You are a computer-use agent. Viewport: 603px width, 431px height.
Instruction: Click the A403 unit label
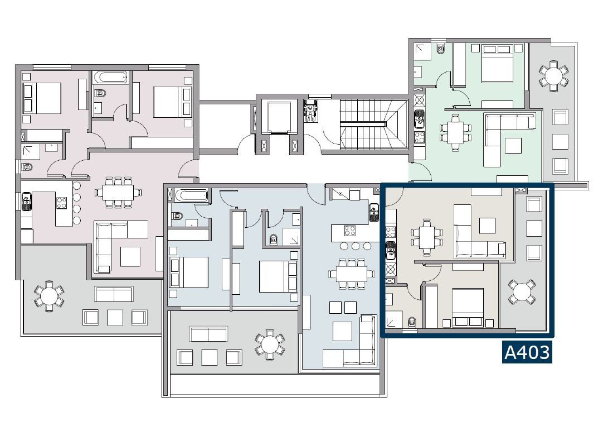[527, 352]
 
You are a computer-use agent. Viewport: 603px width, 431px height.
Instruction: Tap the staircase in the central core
[374, 124]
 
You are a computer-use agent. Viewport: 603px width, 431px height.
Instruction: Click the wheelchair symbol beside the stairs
[311, 111]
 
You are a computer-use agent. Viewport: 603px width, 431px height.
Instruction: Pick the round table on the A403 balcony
[522, 292]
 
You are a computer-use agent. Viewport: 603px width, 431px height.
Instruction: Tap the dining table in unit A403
[426, 237]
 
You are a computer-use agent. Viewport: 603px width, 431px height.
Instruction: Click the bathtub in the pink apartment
[110, 77]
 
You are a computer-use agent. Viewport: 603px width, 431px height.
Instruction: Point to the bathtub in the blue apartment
[192, 195]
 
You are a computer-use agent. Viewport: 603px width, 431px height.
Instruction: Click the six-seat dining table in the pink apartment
[118, 192]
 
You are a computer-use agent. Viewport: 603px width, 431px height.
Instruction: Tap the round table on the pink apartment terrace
[49, 296]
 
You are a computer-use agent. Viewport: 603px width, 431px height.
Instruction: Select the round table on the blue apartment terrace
[270, 344]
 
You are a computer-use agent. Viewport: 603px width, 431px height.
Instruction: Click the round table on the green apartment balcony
[553, 75]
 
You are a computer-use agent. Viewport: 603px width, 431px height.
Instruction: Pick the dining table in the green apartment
[456, 132]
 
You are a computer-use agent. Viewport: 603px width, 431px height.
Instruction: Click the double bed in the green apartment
[497, 64]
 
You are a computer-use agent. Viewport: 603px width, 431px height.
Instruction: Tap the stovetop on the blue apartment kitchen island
[349, 231]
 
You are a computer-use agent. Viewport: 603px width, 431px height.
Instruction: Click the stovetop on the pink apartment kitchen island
[62, 203]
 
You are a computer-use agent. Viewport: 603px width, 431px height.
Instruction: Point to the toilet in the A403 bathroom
[412, 322]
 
